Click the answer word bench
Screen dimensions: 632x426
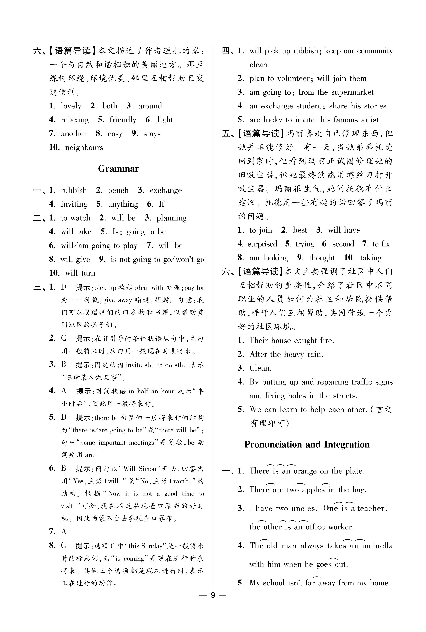tap(118, 190)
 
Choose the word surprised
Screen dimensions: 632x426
tap(263, 244)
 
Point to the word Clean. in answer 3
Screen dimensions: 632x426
tap(260, 368)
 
